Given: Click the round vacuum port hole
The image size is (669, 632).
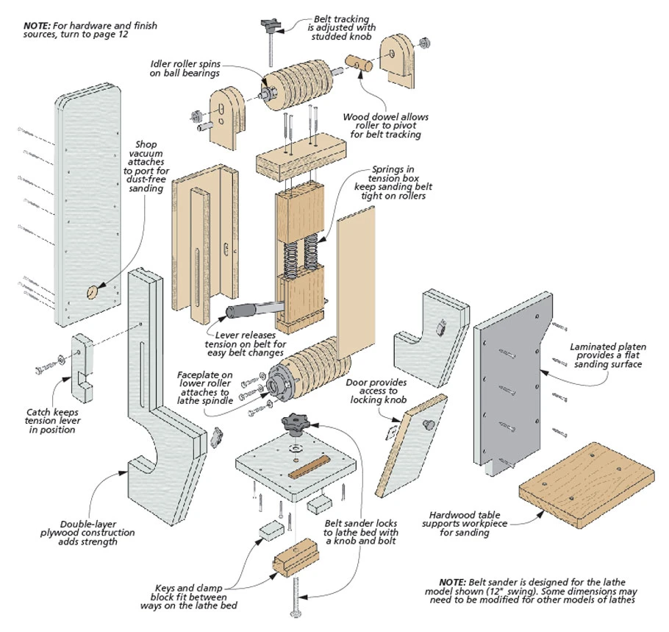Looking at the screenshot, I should click(x=92, y=292).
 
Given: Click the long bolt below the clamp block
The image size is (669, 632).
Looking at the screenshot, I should click(x=298, y=595).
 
